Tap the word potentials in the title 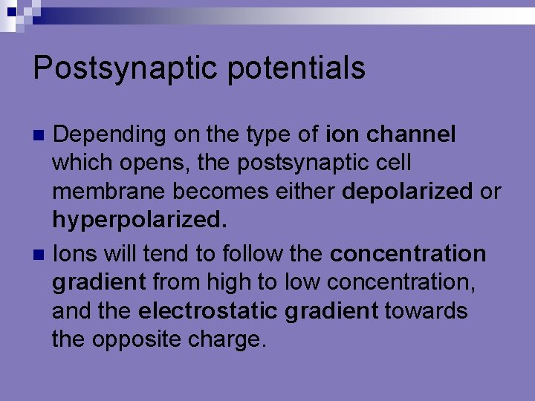coord(296,68)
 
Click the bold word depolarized coord(407,192)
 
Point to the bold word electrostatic coord(207,310)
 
